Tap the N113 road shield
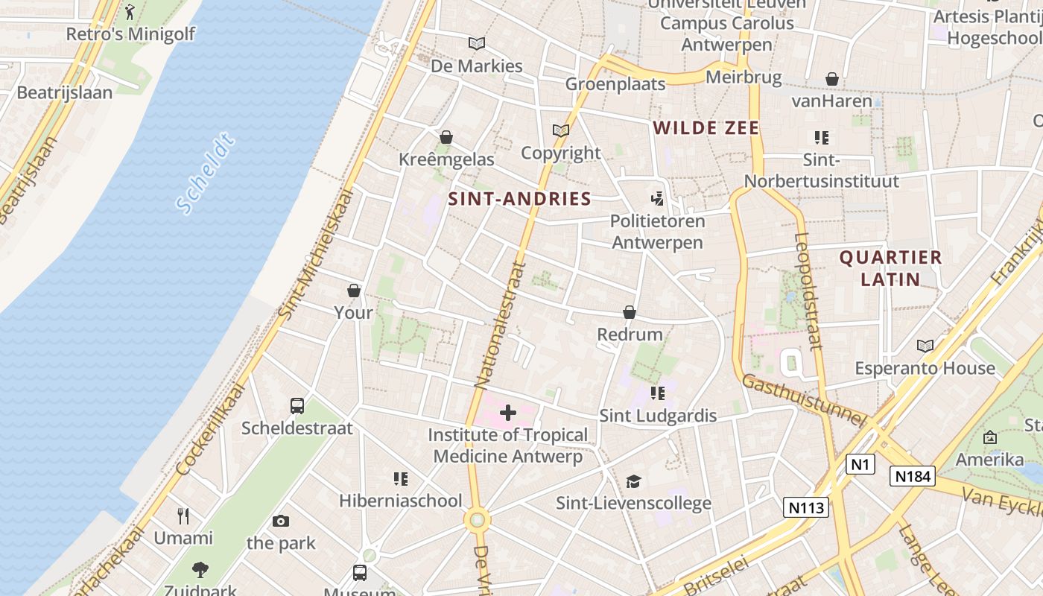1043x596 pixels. click(806, 507)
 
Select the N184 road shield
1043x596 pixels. click(912, 476)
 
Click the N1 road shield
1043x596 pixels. click(860, 464)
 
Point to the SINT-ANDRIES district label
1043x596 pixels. click(519, 199)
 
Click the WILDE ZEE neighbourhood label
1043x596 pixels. click(706, 128)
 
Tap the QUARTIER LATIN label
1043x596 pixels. click(890, 268)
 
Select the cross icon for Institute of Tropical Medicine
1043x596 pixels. click(508, 413)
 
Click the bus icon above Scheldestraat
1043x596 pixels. click(297, 406)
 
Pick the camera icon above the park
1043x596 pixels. click(281, 521)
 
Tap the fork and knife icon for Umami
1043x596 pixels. click(183, 516)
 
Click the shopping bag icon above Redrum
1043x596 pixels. click(630, 312)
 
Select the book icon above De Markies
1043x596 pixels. click(477, 44)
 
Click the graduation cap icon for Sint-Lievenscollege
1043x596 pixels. click(633, 481)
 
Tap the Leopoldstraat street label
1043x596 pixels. click(808, 291)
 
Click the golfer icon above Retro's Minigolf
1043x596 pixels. click(130, 12)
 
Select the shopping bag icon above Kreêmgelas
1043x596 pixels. click(446, 137)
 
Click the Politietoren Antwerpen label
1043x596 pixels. click(657, 232)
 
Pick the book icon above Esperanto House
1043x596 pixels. click(925, 346)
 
